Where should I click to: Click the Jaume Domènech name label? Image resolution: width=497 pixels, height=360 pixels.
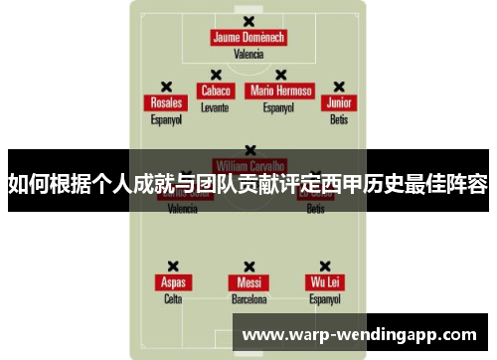click(x=248, y=38)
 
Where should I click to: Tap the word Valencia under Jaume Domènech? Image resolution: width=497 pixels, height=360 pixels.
click(x=248, y=55)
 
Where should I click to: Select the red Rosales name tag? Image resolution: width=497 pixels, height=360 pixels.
click(x=166, y=102)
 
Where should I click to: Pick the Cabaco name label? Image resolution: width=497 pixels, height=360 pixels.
click(x=215, y=90)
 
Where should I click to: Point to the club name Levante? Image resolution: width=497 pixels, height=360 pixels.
click(x=215, y=106)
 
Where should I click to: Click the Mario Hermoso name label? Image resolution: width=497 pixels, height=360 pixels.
click(x=281, y=90)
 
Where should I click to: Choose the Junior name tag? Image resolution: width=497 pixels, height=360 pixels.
click(x=339, y=102)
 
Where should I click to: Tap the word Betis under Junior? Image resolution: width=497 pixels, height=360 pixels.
click(x=339, y=119)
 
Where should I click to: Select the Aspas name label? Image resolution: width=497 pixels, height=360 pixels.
click(x=173, y=282)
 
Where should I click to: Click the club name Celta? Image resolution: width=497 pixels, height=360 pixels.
click(x=173, y=298)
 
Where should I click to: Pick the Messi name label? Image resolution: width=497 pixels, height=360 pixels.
click(x=248, y=282)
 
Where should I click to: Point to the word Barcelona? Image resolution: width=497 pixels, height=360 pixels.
click(x=248, y=298)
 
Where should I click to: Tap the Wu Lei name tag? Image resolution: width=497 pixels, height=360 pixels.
click(x=324, y=282)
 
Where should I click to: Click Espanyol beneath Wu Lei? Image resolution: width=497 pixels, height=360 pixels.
click(x=324, y=298)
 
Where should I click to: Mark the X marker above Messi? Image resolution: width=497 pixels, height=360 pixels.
click(x=248, y=267)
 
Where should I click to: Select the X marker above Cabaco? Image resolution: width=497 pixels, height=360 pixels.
click(x=215, y=75)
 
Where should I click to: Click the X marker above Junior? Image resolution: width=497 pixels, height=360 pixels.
click(x=339, y=87)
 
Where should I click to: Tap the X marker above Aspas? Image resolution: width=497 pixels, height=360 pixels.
click(x=173, y=267)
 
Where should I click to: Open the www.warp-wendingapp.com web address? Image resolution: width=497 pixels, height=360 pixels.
click(x=360, y=334)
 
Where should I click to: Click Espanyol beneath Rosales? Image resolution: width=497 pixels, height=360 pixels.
click(x=166, y=119)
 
